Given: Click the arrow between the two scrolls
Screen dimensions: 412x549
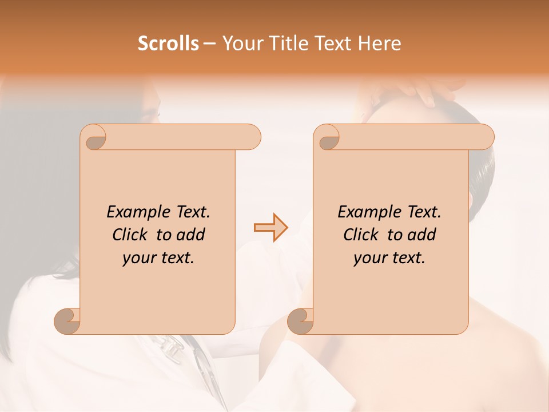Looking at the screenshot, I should pos(270,228).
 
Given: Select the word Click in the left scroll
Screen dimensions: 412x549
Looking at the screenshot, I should pos(131,235).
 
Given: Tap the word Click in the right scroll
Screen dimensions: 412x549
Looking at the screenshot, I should pos(362,235).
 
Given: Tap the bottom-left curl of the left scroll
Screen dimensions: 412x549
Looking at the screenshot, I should pos(68,321).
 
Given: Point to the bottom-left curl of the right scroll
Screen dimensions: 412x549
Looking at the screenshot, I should pos(301,321).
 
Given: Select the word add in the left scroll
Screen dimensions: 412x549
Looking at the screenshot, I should pos(191,235).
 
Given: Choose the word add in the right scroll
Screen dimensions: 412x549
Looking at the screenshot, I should pos(422,235).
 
